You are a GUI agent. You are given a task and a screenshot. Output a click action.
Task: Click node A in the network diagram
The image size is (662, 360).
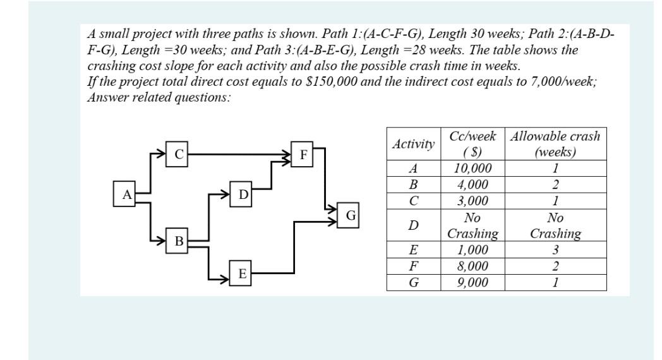point(126,193)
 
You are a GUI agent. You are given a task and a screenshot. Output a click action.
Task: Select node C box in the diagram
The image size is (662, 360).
point(179,153)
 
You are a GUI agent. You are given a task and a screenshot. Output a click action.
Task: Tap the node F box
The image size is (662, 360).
point(303,153)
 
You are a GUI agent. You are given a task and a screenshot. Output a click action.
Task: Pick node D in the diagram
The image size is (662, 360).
point(243,193)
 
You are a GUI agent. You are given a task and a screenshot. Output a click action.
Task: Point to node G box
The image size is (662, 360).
point(350,215)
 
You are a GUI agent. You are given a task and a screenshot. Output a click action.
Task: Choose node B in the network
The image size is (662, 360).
point(179,241)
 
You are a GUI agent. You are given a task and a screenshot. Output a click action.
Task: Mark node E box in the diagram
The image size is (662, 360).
point(243,273)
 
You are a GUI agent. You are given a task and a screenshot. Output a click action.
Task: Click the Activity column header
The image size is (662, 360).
point(413,144)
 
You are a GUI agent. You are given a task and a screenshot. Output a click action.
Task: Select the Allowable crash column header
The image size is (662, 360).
point(555,144)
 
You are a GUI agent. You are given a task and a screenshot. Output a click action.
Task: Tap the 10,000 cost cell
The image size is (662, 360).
point(472,169)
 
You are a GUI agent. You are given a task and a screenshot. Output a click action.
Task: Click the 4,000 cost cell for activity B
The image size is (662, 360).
point(472,185)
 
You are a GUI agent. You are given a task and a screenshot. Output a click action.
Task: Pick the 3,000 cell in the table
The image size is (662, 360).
point(472,201)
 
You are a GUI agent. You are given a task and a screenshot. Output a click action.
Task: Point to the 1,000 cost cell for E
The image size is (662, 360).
point(472,249)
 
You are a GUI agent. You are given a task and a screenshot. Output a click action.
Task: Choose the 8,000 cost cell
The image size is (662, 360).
point(472,266)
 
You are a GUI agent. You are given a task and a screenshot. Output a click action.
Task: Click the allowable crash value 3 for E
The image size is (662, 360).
point(555,249)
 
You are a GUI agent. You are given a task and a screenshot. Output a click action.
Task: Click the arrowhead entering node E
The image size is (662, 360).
point(224,279)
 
